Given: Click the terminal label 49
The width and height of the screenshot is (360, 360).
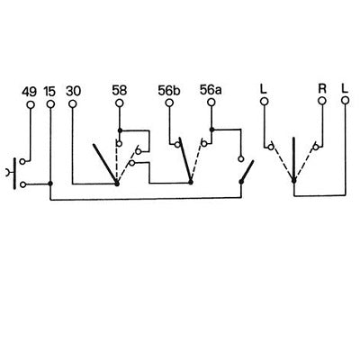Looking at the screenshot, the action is [29, 92].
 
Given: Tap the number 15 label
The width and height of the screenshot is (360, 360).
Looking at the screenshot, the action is [49, 92].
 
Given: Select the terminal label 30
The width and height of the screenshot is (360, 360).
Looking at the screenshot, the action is [74, 91].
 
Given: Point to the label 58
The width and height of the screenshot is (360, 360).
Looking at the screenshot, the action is [120, 90].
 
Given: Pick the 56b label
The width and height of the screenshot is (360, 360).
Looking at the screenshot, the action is [169, 90].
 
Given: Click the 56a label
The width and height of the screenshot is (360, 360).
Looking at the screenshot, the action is [211, 90].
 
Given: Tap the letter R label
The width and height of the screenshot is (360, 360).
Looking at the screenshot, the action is [322, 88].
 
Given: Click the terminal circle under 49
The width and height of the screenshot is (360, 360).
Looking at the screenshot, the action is [31, 104].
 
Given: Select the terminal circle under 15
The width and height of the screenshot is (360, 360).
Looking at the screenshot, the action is [50, 104].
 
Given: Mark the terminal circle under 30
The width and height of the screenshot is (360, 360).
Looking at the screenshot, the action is [73, 103].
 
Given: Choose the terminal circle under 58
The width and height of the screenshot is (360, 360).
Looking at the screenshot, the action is [120, 103].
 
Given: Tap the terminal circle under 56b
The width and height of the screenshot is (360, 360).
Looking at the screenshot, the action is [169, 103].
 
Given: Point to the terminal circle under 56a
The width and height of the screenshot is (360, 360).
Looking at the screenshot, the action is [211, 103].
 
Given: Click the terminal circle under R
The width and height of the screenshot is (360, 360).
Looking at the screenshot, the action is [322, 101].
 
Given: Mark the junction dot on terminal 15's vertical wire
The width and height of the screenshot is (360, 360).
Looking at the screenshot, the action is [50, 184].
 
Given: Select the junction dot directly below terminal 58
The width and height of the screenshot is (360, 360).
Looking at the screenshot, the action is [120, 130].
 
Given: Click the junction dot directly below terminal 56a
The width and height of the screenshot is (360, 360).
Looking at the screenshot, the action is [211, 130].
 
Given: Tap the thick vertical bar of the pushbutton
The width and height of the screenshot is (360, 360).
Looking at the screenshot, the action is [14, 174].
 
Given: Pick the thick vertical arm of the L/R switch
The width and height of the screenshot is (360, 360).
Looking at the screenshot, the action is [293, 159].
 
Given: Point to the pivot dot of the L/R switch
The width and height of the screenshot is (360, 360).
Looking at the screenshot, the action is [294, 181].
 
